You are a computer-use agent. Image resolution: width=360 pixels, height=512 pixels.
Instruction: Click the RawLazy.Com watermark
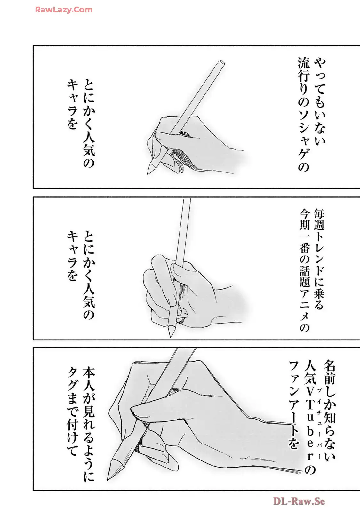[x=64, y=10]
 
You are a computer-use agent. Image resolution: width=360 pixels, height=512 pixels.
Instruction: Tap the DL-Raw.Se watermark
[x=299, y=501]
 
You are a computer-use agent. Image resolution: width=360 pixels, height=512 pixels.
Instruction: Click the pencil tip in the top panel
[x=149, y=170]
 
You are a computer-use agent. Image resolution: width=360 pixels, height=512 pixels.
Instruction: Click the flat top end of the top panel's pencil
[x=220, y=63]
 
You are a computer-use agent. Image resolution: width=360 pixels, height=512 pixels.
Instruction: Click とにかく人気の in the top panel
[x=89, y=123]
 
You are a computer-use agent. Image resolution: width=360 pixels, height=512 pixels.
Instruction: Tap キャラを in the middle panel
[x=73, y=256]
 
